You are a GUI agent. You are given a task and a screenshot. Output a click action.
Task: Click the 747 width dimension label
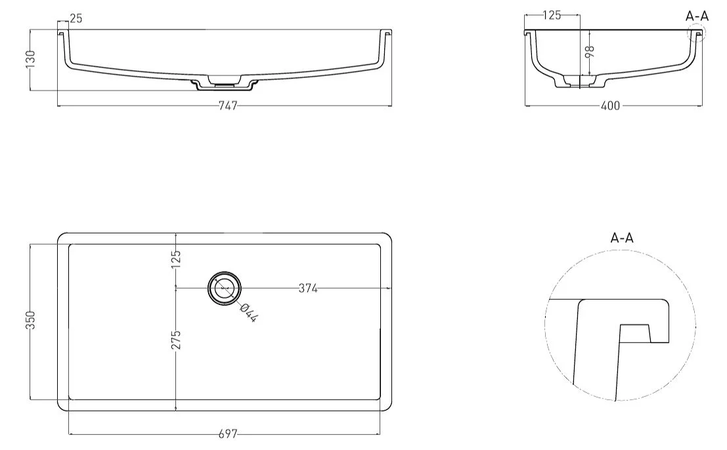click(228, 106)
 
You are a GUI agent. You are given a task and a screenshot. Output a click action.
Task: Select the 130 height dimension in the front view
click(31, 59)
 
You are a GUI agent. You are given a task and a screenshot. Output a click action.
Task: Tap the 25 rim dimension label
click(76, 18)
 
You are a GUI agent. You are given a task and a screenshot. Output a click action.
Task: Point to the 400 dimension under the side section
click(610, 106)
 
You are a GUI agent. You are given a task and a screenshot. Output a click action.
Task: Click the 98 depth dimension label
click(590, 51)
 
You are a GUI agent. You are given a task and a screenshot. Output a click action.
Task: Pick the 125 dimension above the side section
click(552, 15)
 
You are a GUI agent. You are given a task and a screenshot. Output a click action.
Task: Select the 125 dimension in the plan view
click(176, 259)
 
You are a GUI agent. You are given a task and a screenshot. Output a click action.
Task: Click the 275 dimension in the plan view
click(176, 339)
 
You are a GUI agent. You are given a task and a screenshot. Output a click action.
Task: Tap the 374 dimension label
click(308, 289)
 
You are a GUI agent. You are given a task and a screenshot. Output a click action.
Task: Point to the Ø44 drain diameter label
click(249, 312)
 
